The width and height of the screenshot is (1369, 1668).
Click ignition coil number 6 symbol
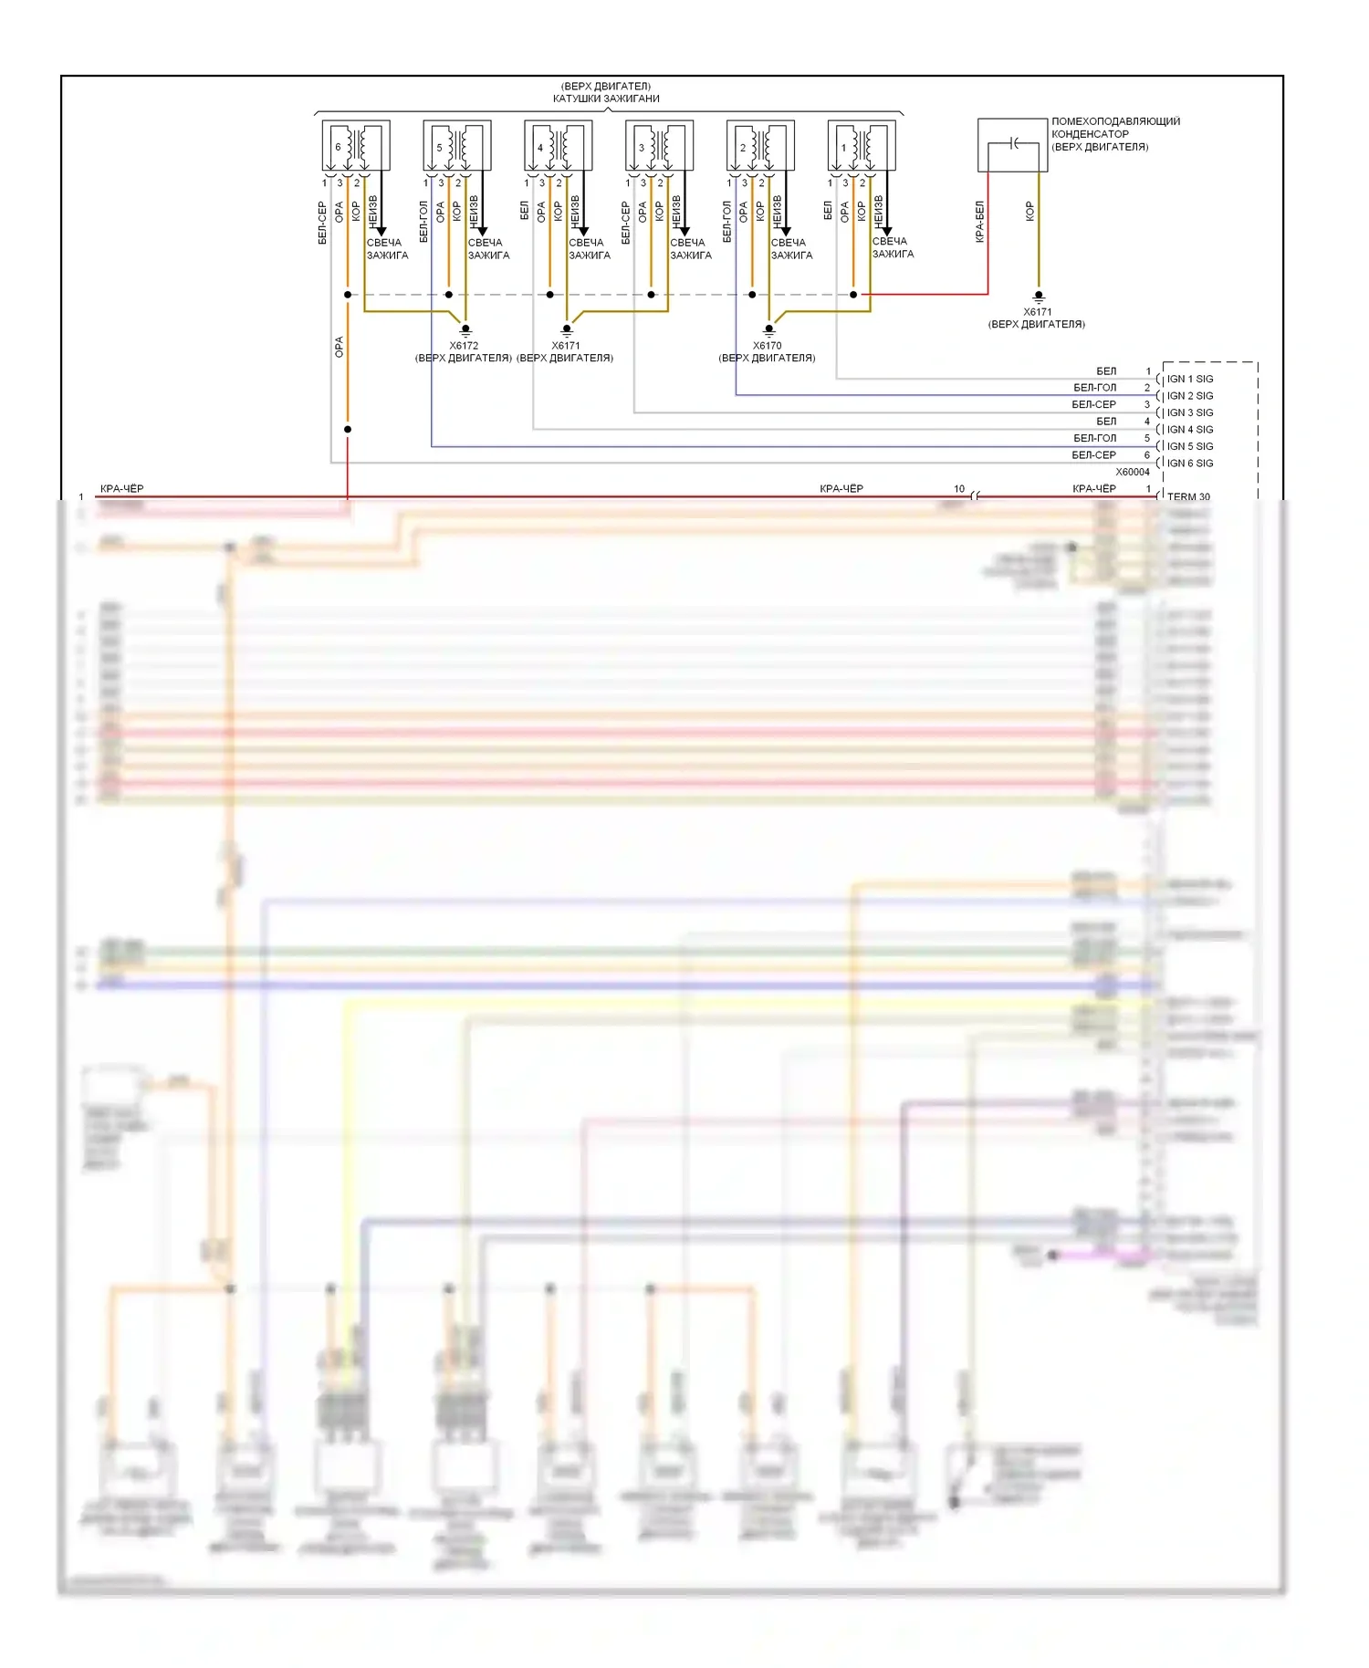[356, 145]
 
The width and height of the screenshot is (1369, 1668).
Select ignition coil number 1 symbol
[862, 145]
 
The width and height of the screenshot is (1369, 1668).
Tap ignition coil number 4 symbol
[558, 145]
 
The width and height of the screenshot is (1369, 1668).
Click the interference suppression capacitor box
[1012, 144]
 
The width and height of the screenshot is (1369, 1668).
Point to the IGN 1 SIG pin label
[1190, 379]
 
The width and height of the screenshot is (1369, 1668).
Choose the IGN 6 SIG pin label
[1190, 464]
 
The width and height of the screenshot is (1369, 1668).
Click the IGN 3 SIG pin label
[1190, 412]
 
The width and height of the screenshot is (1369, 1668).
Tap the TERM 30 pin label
[1188, 496]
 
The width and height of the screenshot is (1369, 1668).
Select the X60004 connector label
[1133, 472]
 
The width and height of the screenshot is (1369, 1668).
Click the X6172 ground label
[464, 346]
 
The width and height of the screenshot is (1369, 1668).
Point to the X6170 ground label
[767, 346]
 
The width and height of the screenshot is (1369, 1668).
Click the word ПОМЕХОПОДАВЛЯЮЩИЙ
[1115, 121]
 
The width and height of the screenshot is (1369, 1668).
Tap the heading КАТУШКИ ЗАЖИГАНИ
[606, 99]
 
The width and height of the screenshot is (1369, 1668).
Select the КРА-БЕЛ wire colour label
[979, 222]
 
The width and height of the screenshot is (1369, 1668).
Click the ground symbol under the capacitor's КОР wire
[1038, 297]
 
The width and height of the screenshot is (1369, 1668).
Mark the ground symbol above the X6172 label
[465, 329]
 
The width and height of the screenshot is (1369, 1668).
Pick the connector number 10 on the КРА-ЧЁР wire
[959, 489]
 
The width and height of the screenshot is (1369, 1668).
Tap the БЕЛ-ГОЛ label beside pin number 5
[1094, 438]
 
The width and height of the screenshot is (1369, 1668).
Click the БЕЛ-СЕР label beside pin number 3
[1093, 404]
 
